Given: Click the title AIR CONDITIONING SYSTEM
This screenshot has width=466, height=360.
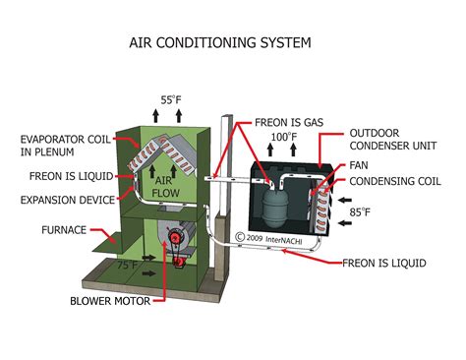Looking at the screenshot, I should (x=220, y=43).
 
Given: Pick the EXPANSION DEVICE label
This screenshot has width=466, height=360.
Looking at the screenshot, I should (x=59, y=200).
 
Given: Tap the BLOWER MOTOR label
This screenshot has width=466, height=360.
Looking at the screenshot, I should (x=110, y=300).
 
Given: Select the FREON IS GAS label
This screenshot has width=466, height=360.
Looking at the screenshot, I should (x=283, y=122).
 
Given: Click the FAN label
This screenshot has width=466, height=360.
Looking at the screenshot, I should (x=360, y=165).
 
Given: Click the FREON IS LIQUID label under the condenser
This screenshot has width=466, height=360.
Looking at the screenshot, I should (x=383, y=263).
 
